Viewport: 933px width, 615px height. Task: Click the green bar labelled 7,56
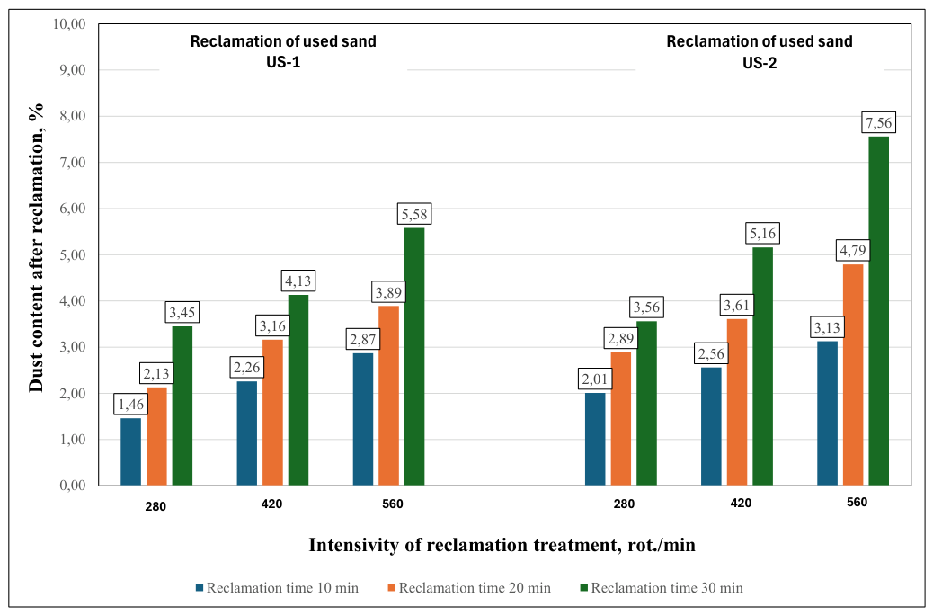(879, 311)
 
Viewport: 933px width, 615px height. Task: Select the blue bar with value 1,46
(131, 451)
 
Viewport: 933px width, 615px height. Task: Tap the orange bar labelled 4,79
(853, 374)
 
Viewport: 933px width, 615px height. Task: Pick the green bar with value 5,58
(414, 357)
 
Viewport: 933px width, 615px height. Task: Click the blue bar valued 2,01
(595, 439)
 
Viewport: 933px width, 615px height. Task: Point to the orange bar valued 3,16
(272, 412)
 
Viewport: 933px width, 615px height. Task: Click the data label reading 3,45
(182, 312)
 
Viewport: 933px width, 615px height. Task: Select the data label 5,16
(763, 234)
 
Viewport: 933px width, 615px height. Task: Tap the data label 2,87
(363, 339)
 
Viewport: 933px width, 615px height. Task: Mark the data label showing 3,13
(827, 327)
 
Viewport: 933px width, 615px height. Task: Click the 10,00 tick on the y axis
(69, 23)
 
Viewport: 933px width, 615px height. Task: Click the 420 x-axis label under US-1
(272, 504)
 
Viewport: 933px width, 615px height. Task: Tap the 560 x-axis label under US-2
(857, 502)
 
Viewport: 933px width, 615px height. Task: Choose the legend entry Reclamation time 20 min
(469, 588)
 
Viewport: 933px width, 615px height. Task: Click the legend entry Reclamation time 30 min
(661, 588)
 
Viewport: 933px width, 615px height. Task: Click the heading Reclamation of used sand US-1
(283, 52)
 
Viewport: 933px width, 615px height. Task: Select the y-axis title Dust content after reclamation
(36, 247)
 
